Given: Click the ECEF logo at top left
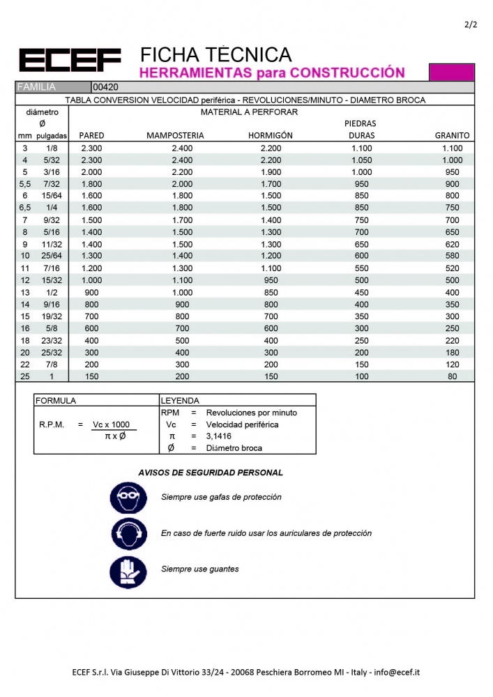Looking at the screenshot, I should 70,60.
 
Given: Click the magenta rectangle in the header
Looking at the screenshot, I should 451,72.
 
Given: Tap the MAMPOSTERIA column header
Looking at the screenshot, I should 175,135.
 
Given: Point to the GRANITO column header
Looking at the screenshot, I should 452,135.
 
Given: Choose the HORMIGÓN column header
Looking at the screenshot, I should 271,135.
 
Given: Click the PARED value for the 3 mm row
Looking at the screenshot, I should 91,148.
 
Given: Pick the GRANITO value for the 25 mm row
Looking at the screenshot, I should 453,376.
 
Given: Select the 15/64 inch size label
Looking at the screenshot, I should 52,196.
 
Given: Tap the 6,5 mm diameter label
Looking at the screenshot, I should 25,208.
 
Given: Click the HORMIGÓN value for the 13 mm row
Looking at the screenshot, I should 271,292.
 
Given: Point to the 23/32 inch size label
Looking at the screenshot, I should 52,340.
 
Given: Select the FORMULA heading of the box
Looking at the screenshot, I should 56,401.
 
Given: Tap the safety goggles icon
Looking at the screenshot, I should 128,498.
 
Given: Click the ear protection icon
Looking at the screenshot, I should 128,534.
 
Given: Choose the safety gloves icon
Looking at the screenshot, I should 128,569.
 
